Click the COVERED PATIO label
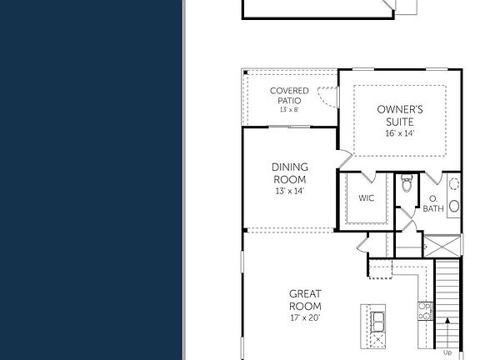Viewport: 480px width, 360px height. click(x=289, y=96)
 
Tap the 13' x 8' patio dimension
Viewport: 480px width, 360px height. click(x=289, y=110)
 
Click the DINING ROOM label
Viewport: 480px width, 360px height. click(x=289, y=173)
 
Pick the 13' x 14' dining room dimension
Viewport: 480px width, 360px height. click(x=289, y=191)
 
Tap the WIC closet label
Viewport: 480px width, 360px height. click(x=367, y=198)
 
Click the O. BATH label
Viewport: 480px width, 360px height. click(x=433, y=204)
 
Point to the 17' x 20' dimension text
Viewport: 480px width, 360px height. click(x=305, y=317)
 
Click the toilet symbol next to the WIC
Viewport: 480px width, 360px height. click(x=406, y=185)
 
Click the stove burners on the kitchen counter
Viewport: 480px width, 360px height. click(x=426, y=312)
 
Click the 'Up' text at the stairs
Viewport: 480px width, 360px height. click(x=447, y=352)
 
